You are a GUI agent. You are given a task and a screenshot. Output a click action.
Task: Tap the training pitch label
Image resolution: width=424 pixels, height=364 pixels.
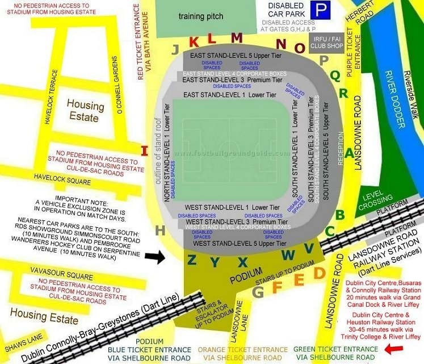201,16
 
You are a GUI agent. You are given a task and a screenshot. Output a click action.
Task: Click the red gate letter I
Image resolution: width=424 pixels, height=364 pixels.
144,151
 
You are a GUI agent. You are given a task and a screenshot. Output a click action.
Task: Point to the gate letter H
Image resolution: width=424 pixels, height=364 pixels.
161,230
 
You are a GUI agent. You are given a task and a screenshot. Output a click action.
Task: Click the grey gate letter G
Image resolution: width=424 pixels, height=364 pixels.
258,292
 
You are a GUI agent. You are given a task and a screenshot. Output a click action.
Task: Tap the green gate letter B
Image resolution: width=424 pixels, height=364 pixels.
339,215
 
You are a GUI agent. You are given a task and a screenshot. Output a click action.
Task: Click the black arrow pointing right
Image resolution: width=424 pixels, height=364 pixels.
154,257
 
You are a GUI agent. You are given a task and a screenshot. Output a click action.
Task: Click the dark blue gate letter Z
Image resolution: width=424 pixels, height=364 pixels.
192,261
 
